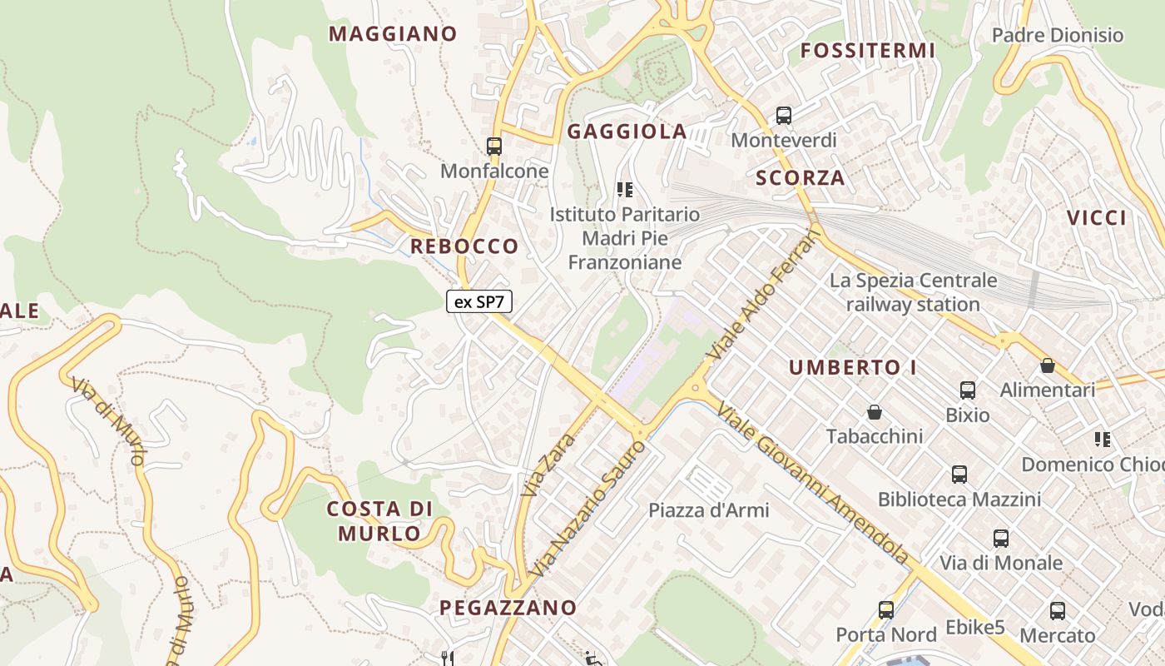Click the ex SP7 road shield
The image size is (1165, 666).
click(479, 301)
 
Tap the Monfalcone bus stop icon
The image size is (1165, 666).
click(494, 147)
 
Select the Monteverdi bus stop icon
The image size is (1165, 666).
click(784, 116)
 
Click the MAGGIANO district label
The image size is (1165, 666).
click(393, 34)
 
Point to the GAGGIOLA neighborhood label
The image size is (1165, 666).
click(627, 132)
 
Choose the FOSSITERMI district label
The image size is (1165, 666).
click(868, 51)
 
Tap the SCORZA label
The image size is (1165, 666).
click(801, 177)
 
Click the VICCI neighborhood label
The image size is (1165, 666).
click(1097, 218)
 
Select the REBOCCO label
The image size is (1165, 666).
click(464, 246)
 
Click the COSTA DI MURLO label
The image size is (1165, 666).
click(379, 521)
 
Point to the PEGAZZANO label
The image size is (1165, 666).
click(508, 608)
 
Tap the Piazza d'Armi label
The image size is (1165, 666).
click(709, 509)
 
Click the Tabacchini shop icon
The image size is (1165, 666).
click(875, 412)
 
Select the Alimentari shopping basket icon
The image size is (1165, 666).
click(1048, 365)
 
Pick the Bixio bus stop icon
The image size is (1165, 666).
click(968, 390)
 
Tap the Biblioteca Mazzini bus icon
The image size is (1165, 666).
click(959, 475)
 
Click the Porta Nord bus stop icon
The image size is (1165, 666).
click(886, 610)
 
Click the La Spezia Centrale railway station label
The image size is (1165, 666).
click(913, 292)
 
